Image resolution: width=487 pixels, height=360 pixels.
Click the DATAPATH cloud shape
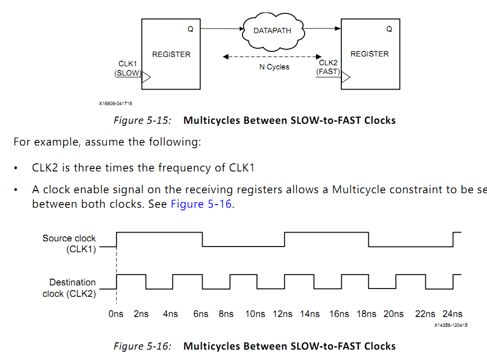[x=272, y=31]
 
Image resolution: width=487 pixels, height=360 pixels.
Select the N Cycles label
[x=274, y=67]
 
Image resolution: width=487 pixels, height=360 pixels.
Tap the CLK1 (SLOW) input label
[x=127, y=68]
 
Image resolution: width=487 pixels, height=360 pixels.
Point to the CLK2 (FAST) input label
[x=328, y=67]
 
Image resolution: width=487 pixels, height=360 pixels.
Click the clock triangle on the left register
[x=146, y=78]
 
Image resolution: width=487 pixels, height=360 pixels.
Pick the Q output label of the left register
[x=190, y=30]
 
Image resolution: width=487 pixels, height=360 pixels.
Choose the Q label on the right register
[x=389, y=29]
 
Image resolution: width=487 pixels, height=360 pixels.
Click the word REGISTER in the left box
[x=171, y=54]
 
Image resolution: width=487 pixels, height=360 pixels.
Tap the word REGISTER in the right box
[x=369, y=54]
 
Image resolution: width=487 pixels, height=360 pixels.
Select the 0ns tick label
[x=116, y=314]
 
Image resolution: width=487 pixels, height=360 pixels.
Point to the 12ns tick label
[x=282, y=314]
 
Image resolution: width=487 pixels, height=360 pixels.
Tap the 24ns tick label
[x=452, y=314]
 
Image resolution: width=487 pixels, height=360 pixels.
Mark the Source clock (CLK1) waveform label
[x=69, y=244]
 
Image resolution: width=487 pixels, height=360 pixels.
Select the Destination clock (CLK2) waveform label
[x=69, y=288]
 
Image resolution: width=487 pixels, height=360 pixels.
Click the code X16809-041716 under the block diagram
[x=116, y=104]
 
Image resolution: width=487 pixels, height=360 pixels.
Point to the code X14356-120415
[x=451, y=325]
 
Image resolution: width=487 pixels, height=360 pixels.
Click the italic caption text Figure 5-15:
[x=142, y=121]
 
